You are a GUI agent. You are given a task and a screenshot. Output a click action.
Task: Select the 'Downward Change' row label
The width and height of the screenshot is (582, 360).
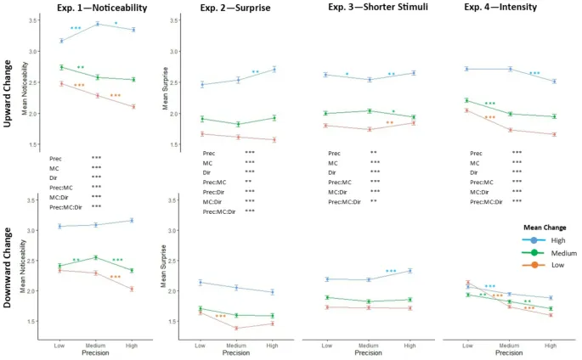(x=8, y=267)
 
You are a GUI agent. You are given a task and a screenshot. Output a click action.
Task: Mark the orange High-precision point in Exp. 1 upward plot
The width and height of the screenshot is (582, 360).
(x=132, y=106)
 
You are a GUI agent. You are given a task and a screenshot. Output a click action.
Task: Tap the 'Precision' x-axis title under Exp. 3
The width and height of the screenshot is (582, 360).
(x=368, y=352)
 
